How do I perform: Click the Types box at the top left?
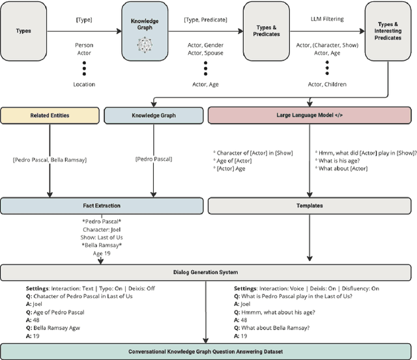tap(23, 31)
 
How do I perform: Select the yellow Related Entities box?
tap(50, 116)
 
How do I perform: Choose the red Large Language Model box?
tap(309, 116)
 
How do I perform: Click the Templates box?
tap(309, 206)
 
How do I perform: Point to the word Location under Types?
tap(84, 85)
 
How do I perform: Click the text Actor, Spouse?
tap(205, 55)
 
